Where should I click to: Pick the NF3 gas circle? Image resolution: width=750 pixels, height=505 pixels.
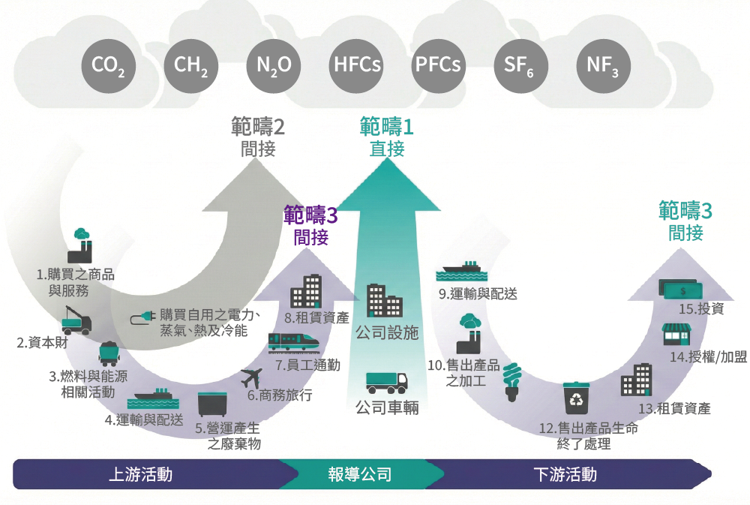[603, 65]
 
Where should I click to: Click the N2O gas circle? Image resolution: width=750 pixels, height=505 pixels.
[273, 65]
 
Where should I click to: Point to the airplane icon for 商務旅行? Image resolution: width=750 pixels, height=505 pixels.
[253, 377]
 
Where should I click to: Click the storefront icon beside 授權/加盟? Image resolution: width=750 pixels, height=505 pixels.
[676, 336]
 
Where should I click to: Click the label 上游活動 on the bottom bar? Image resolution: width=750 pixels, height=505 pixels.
[141, 475]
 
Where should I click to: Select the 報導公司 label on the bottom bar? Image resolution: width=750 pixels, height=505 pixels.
[360, 475]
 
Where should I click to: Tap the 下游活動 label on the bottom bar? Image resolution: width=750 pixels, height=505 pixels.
[565, 475]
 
